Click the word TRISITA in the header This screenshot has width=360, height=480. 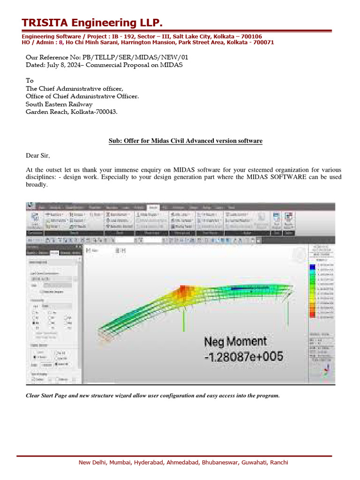[x=45, y=23]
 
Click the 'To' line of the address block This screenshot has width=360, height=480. [x=30, y=81]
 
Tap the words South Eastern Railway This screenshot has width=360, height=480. [x=59, y=104]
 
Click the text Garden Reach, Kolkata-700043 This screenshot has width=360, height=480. [x=71, y=112]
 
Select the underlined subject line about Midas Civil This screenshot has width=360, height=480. [x=185, y=141]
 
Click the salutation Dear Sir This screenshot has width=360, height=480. [x=37, y=155]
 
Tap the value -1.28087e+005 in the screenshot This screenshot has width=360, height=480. [x=244, y=356]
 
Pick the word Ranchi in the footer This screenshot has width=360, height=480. [x=279, y=463]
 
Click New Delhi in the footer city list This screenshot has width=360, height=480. [x=92, y=463]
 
